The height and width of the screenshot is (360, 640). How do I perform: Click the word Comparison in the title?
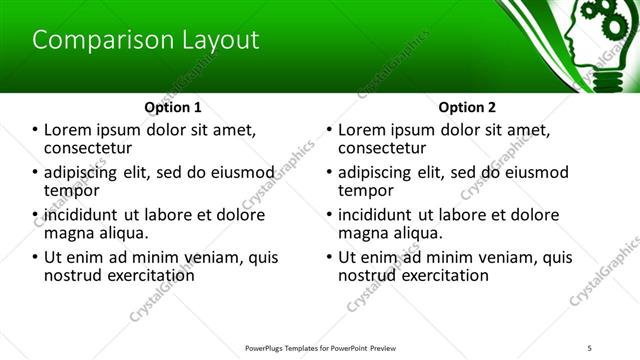tap(90, 41)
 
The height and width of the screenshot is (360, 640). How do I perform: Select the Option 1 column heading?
tap(173, 106)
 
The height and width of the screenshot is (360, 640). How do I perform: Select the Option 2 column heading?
tap(466, 106)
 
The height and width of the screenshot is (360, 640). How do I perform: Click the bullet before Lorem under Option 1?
tap(35, 130)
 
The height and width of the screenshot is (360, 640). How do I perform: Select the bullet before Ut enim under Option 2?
tap(329, 257)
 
